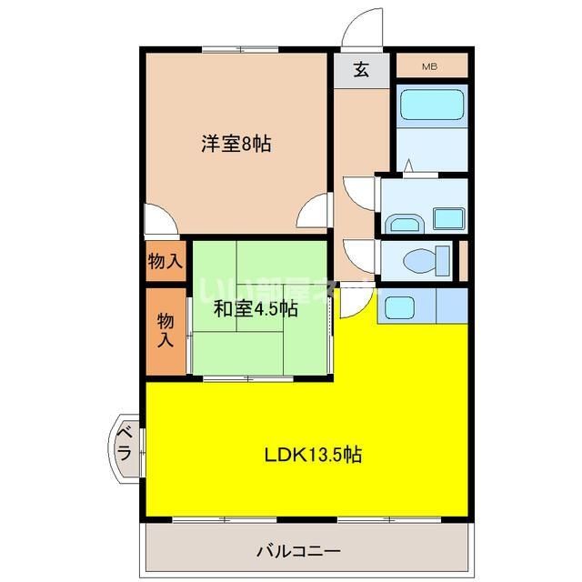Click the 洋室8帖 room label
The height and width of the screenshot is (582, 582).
236,143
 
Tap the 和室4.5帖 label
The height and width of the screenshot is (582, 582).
256,308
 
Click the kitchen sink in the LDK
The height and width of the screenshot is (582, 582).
398,306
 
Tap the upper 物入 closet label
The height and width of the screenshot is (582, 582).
165,262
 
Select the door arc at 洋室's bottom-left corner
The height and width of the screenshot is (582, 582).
162,220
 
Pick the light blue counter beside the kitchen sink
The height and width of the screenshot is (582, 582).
452,306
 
